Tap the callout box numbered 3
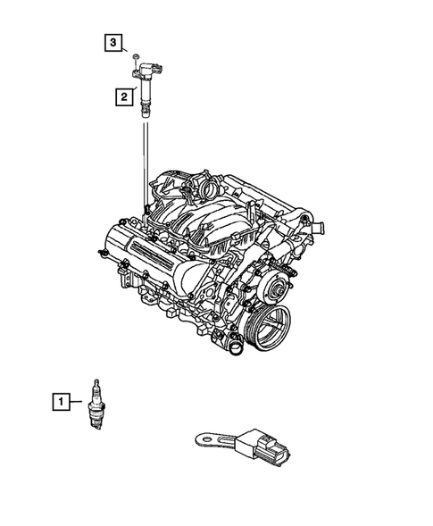point(112,42)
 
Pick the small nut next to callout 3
point(133,57)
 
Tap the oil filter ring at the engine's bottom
point(235,347)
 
